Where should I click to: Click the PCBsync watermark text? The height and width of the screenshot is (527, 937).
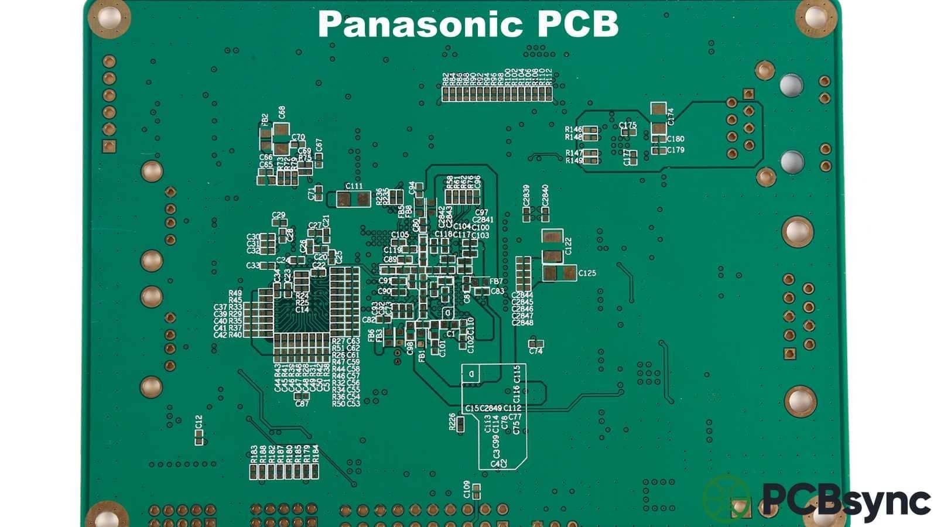(846, 501)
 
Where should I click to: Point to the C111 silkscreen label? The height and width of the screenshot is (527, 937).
(354, 186)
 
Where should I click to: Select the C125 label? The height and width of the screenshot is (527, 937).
(587, 273)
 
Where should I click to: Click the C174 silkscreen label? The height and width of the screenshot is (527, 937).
(671, 116)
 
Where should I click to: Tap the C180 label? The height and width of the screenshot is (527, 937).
(675, 139)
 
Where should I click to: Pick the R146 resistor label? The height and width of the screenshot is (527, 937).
(573, 129)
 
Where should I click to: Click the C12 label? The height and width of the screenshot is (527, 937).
(199, 421)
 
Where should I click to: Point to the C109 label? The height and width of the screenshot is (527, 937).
(467, 489)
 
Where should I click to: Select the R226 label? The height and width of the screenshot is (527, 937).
(452, 422)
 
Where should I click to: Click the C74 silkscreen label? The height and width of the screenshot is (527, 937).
(535, 351)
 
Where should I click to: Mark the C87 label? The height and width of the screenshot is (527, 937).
(302, 403)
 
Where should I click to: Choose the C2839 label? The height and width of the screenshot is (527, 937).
(526, 196)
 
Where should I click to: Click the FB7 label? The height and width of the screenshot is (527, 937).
(495, 282)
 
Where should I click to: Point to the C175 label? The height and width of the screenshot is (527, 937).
(627, 125)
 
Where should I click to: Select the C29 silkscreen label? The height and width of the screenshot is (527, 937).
(279, 215)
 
